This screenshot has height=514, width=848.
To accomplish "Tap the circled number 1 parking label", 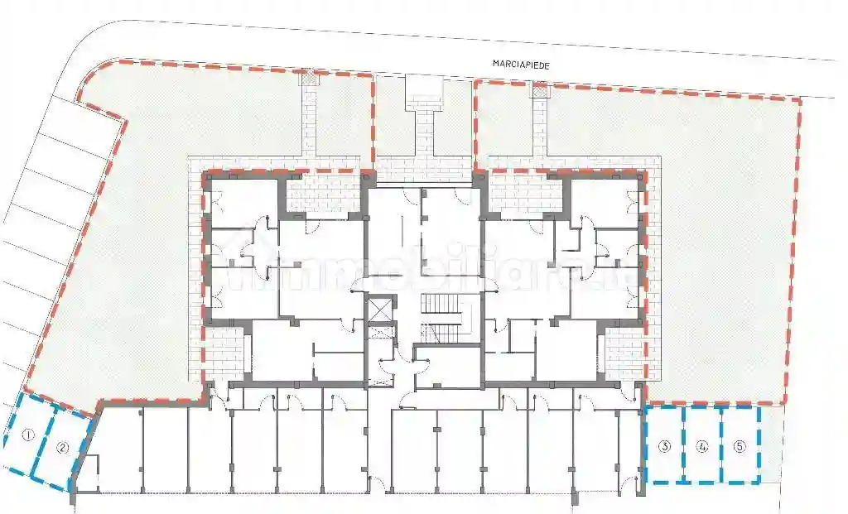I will (x=27, y=435).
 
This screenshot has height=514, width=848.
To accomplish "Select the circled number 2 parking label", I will (x=62, y=449).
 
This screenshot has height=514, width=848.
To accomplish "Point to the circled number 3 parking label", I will (x=664, y=447).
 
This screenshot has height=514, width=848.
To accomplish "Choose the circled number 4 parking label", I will (x=702, y=447).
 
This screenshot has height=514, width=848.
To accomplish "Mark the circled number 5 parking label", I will (x=740, y=447).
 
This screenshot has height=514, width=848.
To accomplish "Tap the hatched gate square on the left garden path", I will (x=308, y=75).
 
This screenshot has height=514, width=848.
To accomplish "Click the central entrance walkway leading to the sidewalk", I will (x=423, y=124).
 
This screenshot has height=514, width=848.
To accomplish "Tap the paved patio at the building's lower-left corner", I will (x=221, y=352).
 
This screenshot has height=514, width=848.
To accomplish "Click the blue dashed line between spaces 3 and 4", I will (x=683, y=445).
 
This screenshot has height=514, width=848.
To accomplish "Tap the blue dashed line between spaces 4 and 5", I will (x=721, y=445).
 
